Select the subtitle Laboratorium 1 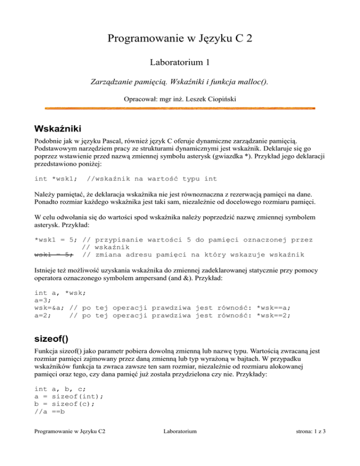[180, 61]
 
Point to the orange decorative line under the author [180, 108]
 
